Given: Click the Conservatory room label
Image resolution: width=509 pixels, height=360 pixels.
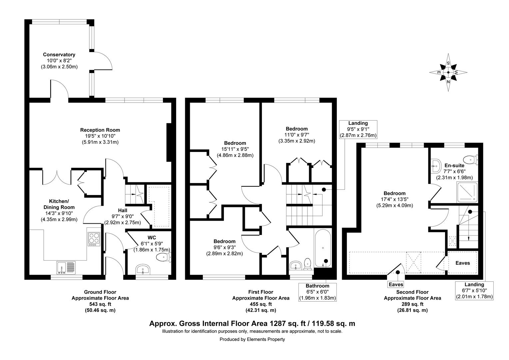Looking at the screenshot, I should [59, 55].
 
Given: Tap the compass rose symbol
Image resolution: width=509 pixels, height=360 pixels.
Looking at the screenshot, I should [448, 72].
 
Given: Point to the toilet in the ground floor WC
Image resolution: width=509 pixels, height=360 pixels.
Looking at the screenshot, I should [164, 257].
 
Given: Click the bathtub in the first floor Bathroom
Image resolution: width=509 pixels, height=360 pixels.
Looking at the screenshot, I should [323, 248].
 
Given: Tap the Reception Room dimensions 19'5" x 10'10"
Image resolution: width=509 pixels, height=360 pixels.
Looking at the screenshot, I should [100, 136].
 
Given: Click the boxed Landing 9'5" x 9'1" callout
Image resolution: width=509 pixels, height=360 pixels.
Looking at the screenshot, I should [358, 129].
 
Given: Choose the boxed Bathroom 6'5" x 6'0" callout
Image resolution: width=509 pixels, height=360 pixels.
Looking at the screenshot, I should [317, 292].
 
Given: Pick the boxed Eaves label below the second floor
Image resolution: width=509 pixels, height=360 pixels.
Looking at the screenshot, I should [396, 284].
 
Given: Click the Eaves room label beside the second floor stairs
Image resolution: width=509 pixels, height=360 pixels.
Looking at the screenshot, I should [463, 263].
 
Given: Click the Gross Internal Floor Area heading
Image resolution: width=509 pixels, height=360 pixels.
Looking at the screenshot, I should [252, 323].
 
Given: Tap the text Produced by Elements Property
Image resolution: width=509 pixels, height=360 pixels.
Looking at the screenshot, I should [252, 339].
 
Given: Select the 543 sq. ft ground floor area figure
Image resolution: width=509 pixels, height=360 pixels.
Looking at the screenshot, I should [100, 304].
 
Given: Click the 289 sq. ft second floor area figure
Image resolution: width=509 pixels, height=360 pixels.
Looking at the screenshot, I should [412, 304].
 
